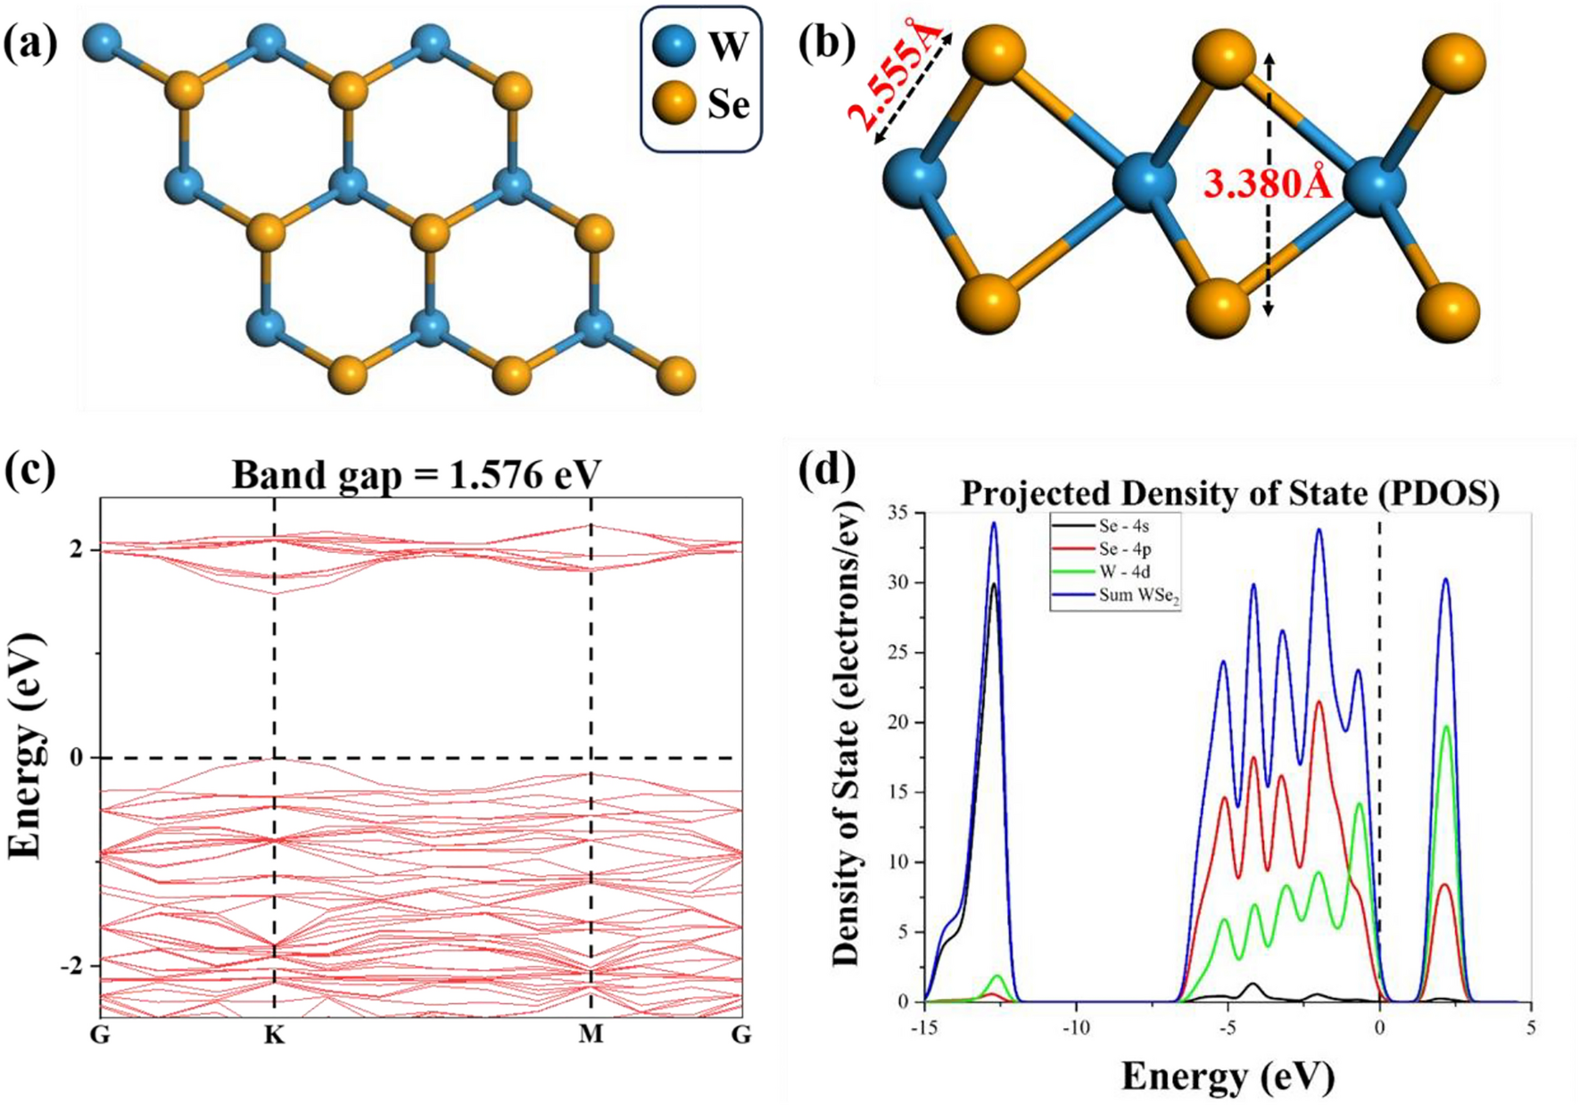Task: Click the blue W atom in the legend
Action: [x=674, y=45]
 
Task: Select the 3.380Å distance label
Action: [x=1267, y=185]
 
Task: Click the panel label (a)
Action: [x=30, y=42]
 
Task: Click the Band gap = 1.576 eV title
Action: [x=417, y=474]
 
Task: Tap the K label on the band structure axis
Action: [x=274, y=1035]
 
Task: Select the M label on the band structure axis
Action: [x=591, y=1035]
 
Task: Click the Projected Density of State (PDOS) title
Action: [x=1229, y=493]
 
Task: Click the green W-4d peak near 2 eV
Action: [x=1446, y=728]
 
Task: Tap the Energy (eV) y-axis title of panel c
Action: [x=27, y=746]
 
